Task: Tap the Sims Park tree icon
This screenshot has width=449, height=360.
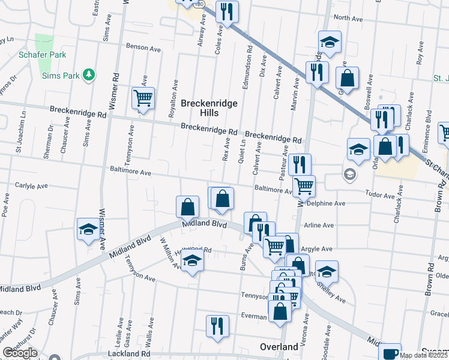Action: (89, 74)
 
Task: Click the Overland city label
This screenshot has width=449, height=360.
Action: (279, 347)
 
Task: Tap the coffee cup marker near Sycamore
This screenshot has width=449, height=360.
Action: (391, 353)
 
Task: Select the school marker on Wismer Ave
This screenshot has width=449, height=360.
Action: (88, 229)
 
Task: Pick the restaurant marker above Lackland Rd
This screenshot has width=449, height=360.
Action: (217, 325)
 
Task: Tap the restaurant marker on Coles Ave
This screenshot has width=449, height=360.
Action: (227, 11)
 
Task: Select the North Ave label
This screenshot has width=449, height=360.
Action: (348, 19)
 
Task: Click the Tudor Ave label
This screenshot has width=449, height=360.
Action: (381, 196)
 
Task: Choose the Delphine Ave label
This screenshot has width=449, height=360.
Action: (326, 203)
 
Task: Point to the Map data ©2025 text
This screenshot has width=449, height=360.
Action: (423, 355)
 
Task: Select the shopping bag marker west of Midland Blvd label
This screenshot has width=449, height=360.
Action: (187, 206)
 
